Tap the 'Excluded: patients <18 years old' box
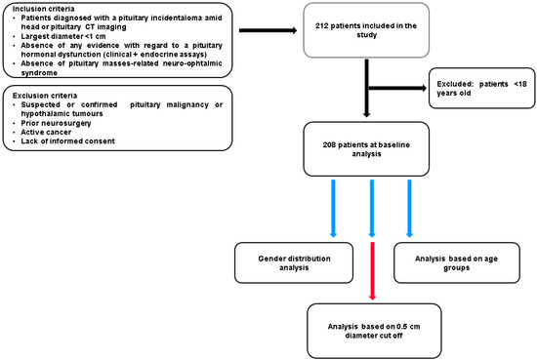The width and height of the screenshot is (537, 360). [x=479, y=94]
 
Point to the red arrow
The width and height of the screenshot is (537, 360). [x=372, y=272]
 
